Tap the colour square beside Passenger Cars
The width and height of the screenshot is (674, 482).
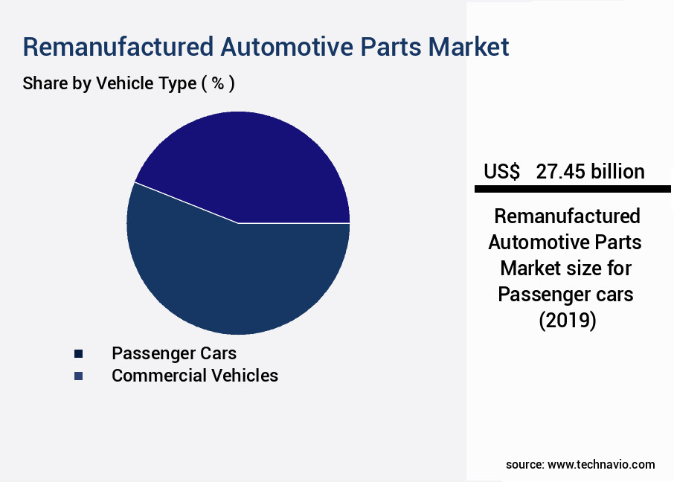pos(78,354)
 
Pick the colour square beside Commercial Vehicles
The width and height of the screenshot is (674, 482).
pos(78,376)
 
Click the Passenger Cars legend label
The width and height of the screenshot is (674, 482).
pos(174,353)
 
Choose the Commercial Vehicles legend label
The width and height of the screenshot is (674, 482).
pos(195,376)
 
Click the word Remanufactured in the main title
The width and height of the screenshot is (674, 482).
pos(118,47)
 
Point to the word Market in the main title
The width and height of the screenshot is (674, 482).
pos(469,47)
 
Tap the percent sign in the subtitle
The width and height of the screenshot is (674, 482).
pos(218,83)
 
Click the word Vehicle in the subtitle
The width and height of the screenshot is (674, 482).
pos(125,83)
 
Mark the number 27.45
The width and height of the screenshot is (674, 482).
pos(560,172)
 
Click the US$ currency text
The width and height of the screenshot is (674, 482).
pos(501,172)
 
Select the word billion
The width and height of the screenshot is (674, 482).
pos(617,172)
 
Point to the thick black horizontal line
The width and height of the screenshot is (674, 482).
pos(573,189)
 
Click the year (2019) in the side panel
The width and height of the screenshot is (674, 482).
pos(568,321)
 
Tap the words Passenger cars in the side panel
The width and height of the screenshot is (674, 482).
pos(565,295)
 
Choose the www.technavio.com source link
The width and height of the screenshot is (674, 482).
pos(601,464)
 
